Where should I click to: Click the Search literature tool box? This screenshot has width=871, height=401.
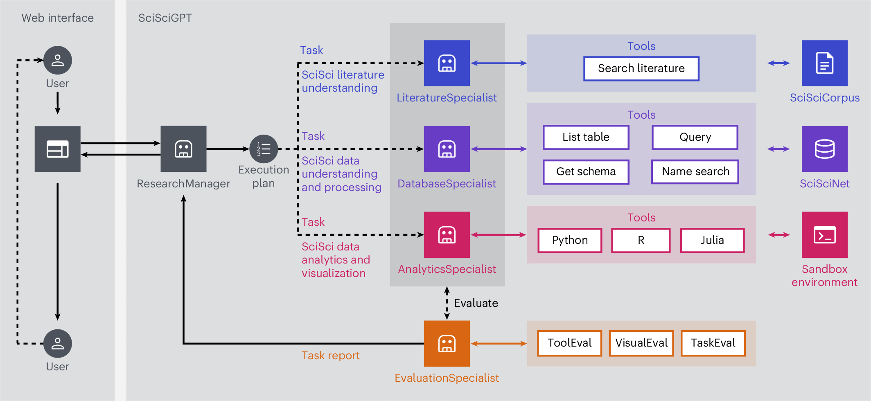point(641,68)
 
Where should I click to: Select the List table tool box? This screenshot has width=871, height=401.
point(586,137)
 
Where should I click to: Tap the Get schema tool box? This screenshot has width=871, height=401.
point(586,171)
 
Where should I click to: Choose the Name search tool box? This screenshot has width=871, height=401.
point(695,171)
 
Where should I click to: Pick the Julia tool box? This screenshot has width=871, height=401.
point(712,240)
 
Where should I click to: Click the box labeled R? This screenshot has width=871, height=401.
point(641,240)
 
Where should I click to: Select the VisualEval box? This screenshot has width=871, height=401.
point(641,343)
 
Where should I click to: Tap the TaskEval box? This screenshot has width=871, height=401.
point(713,343)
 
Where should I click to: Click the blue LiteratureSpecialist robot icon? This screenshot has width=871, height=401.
point(447,63)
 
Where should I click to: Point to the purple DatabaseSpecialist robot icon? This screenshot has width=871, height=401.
point(447,149)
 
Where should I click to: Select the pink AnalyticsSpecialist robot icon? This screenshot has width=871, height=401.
point(447,234)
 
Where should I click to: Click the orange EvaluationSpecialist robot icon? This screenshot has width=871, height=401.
point(447,343)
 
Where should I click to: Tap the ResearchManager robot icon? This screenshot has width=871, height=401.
point(183,149)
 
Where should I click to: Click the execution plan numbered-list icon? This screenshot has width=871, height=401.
point(264,149)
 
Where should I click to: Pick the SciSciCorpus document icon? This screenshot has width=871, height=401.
point(824,63)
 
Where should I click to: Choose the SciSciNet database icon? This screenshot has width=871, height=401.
point(824,149)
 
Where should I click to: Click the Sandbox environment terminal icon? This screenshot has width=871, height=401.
point(824,234)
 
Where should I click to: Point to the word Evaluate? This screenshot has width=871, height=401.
point(476,303)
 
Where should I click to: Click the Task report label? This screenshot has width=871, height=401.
point(330,356)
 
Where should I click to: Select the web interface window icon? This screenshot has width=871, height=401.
point(57,149)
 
